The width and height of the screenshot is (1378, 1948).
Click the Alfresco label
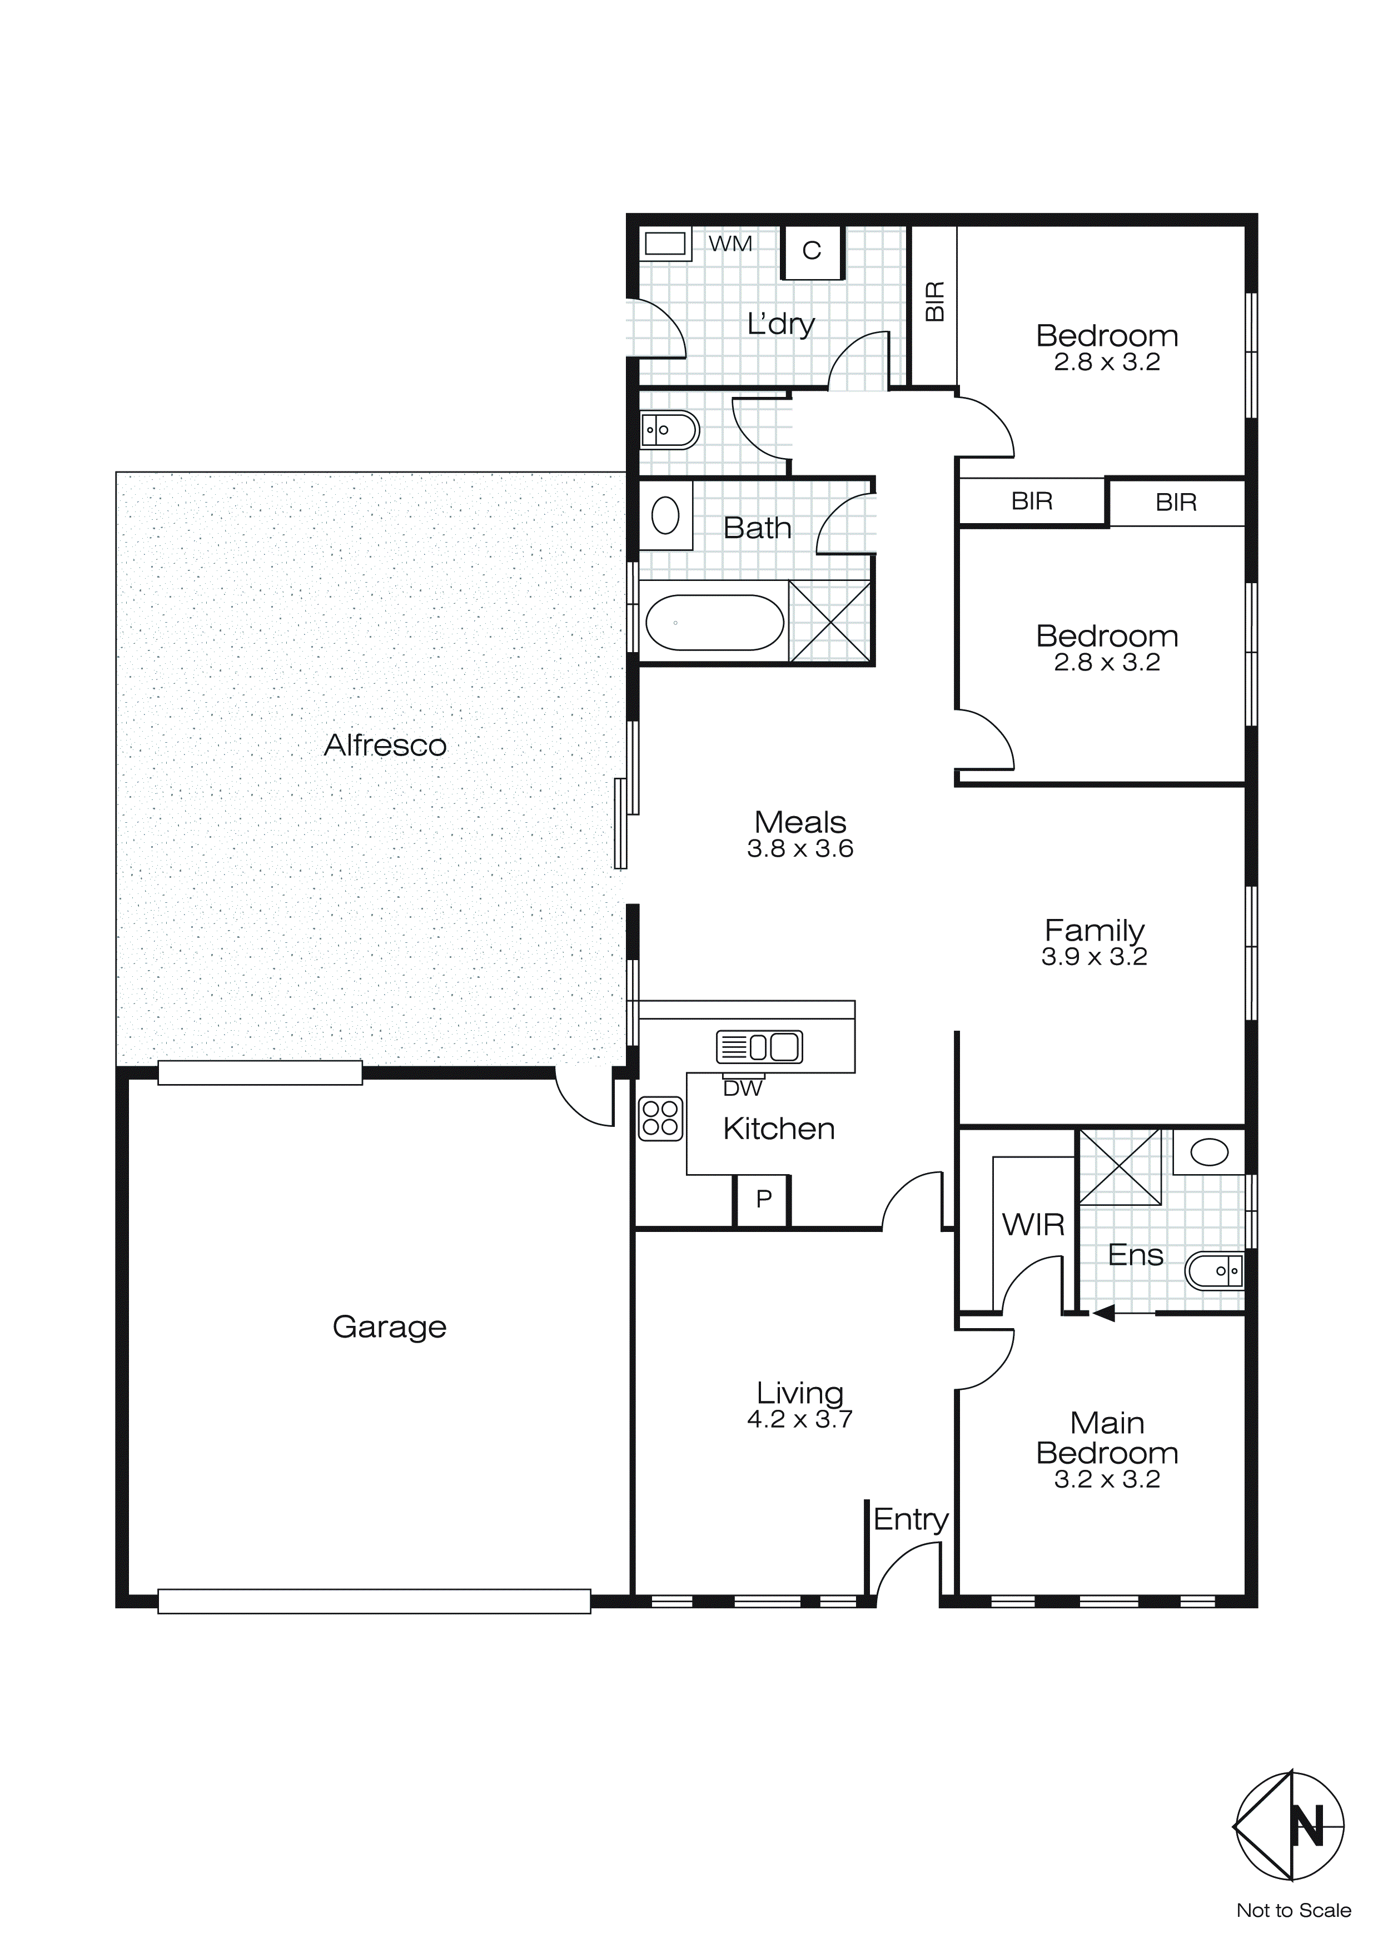[x=385, y=745]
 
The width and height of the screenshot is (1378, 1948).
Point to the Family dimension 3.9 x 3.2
[x=1095, y=956]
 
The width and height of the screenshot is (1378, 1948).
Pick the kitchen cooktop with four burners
[x=660, y=1117]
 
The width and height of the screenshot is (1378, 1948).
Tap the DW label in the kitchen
[x=743, y=1088]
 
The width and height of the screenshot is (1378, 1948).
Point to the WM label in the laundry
[x=730, y=245]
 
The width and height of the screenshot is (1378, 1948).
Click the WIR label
[x=1033, y=1224]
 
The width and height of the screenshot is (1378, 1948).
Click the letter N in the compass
[x=1307, y=1827]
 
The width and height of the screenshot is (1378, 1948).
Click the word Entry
[x=911, y=1519]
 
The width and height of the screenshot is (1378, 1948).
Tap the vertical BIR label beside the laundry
[x=934, y=301]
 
